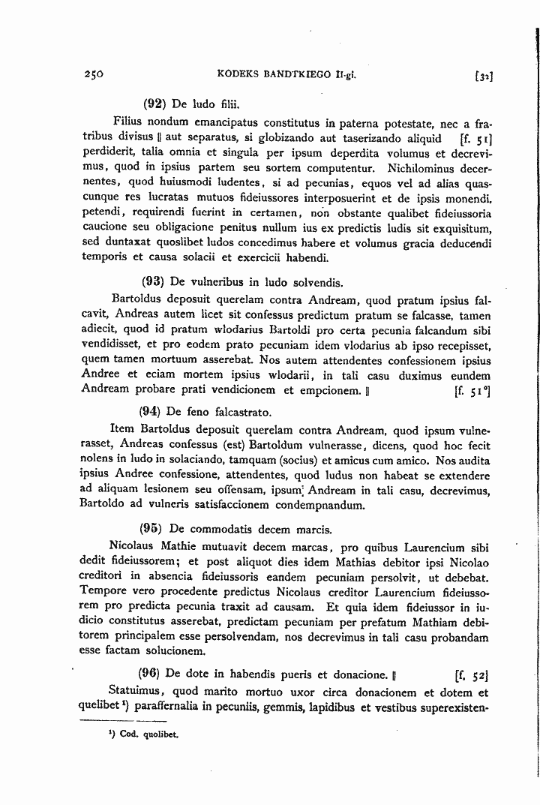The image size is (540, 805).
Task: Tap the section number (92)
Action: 154,104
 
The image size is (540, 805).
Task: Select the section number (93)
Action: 154,283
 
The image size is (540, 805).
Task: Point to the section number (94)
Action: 152,412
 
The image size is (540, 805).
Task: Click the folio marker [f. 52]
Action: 472,673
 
